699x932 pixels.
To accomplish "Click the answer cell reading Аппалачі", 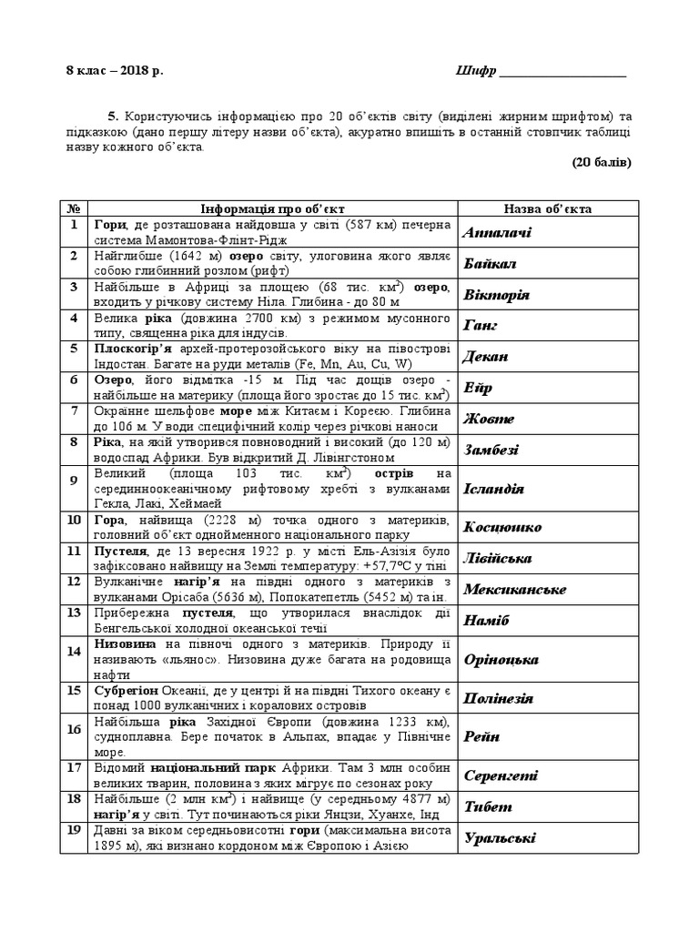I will [x=497, y=233].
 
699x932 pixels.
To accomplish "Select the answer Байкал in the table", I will [x=490, y=264].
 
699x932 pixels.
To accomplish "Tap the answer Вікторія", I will [x=497, y=296].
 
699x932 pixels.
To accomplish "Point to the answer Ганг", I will [x=481, y=325].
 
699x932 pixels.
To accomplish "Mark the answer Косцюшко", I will [x=502, y=527].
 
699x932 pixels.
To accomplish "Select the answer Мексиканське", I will [x=514, y=589].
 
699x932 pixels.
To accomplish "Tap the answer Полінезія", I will [x=499, y=699].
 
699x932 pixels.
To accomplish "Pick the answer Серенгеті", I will [x=501, y=775].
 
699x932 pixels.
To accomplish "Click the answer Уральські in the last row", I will [x=499, y=838].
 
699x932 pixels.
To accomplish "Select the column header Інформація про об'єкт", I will [x=272, y=208].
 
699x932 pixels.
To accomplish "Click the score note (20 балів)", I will [x=602, y=163].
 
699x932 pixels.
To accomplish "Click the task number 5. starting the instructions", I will [x=114, y=116].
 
